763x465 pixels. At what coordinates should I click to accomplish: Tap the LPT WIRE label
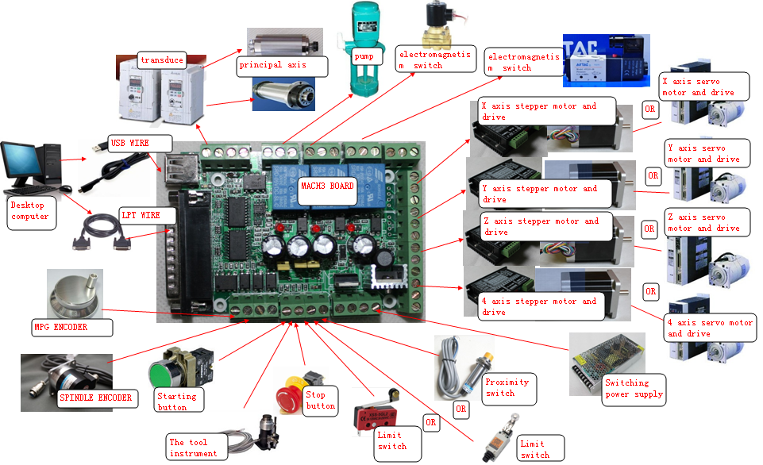(x=141, y=215)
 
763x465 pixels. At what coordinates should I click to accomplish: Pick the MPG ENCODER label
(x=61, y=326)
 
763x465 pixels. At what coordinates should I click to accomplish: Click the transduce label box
(x=162, y=60)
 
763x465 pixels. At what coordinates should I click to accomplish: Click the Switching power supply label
(x=634, y=388)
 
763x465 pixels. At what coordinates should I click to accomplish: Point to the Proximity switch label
(x=505, y=387)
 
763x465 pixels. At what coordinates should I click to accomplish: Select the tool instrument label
(x=193, y=448)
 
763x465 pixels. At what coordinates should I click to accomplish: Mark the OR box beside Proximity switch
(x=460, y=409)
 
